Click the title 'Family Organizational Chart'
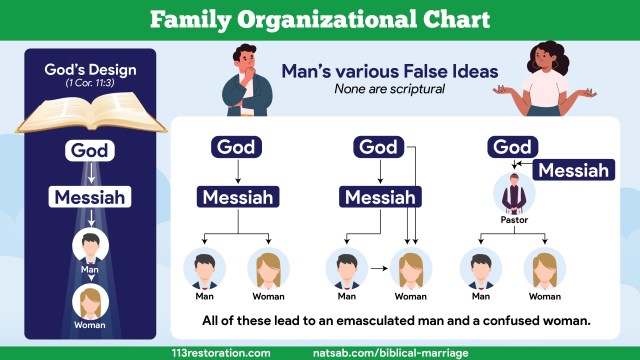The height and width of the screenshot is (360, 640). (320, 19)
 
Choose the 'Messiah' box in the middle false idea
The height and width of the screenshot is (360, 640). (379, 197)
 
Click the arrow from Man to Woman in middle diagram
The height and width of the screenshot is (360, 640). (376, 268)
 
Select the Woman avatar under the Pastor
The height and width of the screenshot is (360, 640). (544, 268)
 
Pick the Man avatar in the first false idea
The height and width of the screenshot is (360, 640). (204, 268)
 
